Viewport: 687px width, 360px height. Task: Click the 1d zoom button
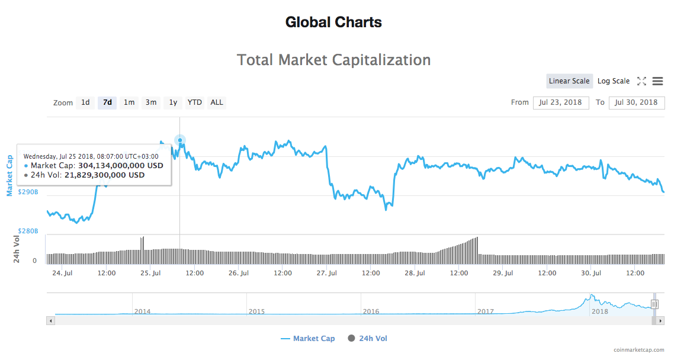tap(85, 102)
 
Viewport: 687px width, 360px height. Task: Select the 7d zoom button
tap(107, 102)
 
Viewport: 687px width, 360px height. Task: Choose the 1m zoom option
tap(129, 102)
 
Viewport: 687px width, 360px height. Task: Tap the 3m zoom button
tap(151, 102)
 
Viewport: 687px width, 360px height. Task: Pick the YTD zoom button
tap(195, 102)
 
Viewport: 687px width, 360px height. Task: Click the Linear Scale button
tap(569, 81)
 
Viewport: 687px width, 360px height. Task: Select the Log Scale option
tap(614, 81)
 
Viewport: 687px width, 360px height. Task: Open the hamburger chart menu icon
tap(658, 81)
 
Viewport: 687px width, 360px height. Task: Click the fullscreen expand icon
tap(641, 81)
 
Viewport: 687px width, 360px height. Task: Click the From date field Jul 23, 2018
tap(561, 102)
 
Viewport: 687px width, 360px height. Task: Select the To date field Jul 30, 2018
tap(637, 102)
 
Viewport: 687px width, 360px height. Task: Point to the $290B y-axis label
tap(28, 192)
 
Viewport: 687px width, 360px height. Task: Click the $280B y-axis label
tap(28, 231)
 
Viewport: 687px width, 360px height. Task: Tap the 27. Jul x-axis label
tap(327, 273)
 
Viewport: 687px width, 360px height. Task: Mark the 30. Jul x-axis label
tap(591, 273)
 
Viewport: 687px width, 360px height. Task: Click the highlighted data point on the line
tap(180, 140)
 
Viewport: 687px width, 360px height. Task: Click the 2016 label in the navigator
tap(371, 311)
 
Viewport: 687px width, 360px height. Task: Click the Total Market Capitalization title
tap(333, 60)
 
